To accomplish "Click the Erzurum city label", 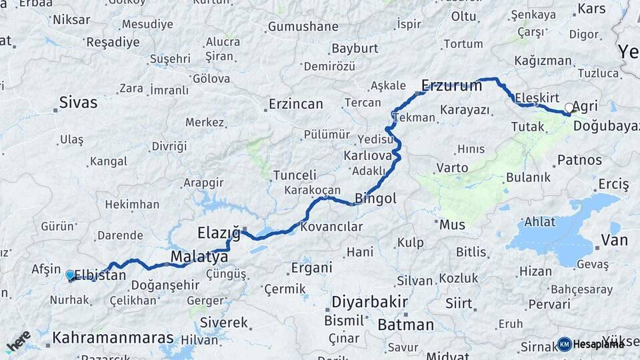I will point(451,85).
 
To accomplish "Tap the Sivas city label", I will point(78,103).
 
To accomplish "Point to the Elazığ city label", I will point(219,233).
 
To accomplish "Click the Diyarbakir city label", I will point(369,302).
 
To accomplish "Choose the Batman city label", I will point(405,325).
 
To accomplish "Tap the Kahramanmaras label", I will point(113,337).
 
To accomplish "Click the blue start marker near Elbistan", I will point(70,275).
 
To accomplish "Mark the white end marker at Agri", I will point(569,107).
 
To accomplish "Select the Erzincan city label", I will point(295,104).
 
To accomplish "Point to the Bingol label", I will point(375,198).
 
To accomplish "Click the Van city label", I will point(614,240).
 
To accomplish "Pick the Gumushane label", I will point(303,27).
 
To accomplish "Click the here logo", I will point(18,342).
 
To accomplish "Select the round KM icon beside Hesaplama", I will point(565,344).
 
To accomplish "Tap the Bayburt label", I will point(355,49).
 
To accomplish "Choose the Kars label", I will point(591,9).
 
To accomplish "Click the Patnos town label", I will point(579,160).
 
